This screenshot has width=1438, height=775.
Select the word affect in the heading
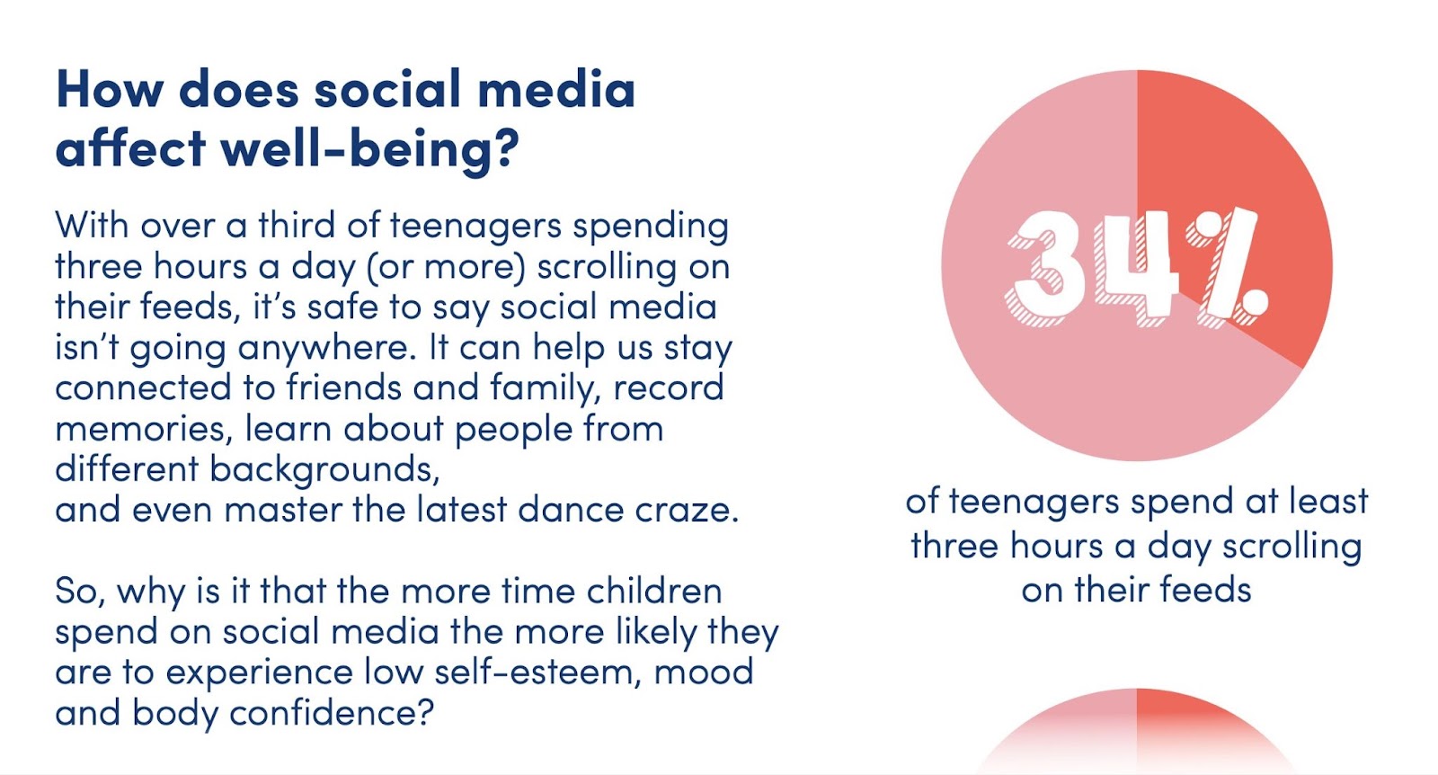click(130, 148)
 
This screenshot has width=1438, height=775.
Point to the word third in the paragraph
click(296, 226)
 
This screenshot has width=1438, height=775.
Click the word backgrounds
click(324, 470)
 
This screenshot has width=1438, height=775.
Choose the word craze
click(687, 510)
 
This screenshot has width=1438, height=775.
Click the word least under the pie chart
click(1324, 502)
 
